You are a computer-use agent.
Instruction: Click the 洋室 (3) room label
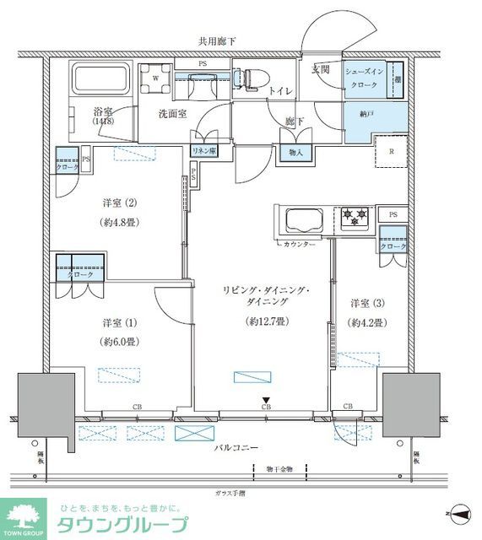tap(368, 303)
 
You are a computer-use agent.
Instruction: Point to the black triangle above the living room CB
tap(266, 399)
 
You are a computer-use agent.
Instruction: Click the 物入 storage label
tap(295, 153)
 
